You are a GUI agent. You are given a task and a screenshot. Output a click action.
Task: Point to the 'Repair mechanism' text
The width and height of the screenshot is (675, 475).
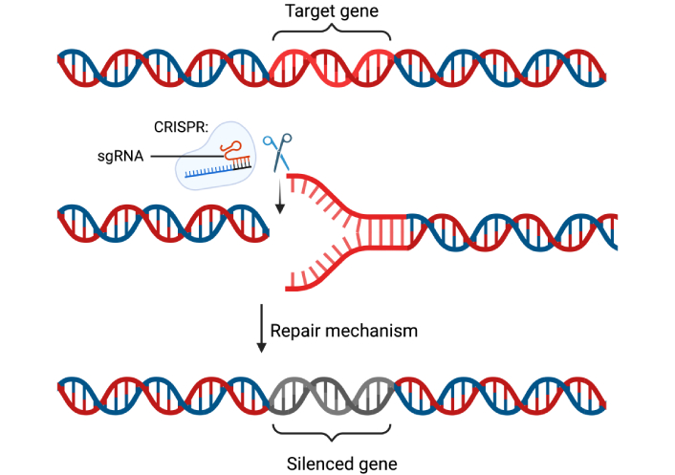[x=344, y=331]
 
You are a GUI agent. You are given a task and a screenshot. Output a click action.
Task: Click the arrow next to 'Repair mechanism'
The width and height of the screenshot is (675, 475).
[x=261, y=330]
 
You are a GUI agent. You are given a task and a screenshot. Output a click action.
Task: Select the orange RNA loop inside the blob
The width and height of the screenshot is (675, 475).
[x=229, y=149]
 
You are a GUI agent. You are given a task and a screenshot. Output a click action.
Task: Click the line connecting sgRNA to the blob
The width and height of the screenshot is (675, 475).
[x=182, y=157]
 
